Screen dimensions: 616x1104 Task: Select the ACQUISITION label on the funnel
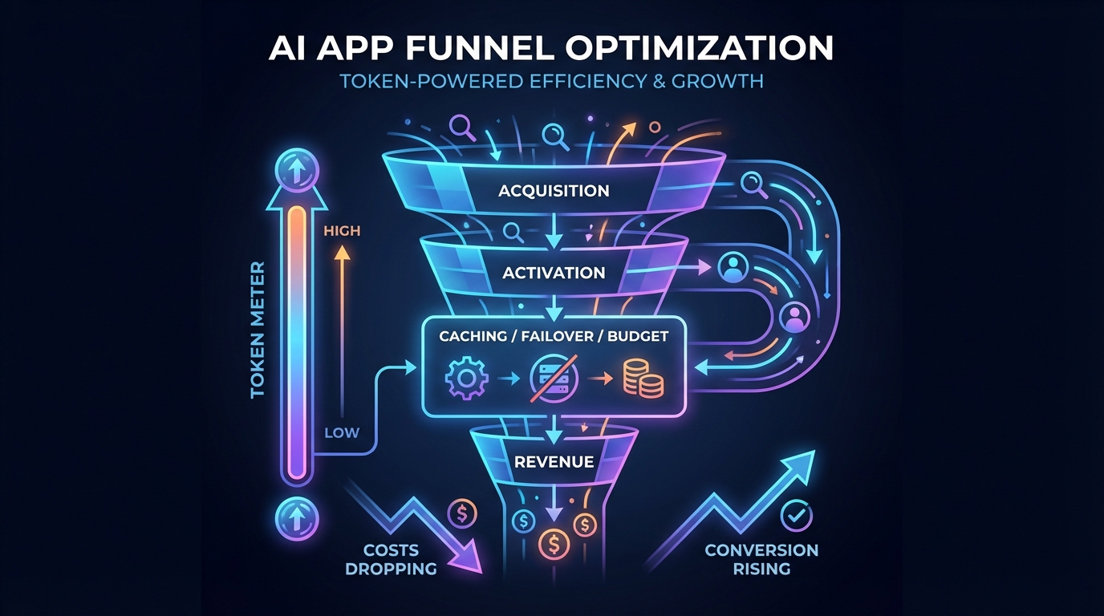[554, 191]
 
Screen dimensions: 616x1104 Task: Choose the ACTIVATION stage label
[554, 273]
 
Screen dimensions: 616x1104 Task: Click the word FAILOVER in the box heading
[553, 336]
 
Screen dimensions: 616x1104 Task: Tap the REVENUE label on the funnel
[554, 461]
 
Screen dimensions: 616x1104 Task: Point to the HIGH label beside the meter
[342, 231]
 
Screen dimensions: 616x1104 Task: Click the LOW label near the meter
[341, 433]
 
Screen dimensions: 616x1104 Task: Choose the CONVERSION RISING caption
[761, 559]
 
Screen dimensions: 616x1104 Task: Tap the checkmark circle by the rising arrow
[797, 515]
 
